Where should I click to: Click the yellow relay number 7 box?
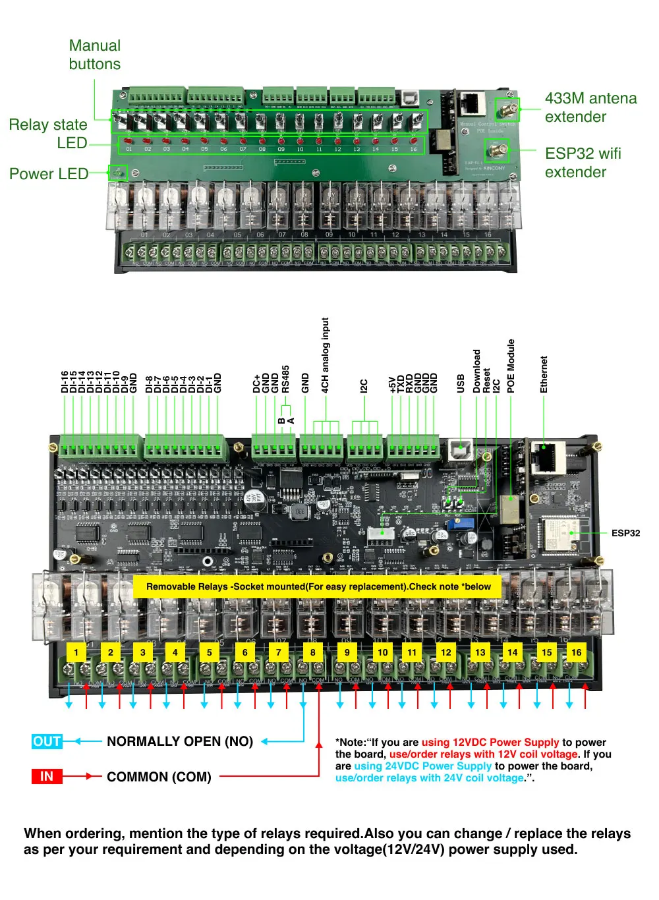point(279,652)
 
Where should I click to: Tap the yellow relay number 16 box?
point(576,652)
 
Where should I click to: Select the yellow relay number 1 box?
point(76,652)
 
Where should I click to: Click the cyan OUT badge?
point(47,741)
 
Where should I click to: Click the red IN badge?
point(47,776)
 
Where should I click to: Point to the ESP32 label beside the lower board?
point(625,533)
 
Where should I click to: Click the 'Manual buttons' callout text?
point(95,55)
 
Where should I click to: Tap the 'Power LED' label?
point(49,174)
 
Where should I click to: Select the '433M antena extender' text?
point(590,107)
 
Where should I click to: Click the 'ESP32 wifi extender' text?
point(583,163)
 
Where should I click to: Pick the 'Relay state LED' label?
point(48,134)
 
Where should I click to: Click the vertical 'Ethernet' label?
point(544,374)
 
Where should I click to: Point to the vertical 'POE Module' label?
point(511,366)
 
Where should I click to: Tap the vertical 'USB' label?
point(460,383)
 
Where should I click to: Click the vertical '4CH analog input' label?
point(325,355)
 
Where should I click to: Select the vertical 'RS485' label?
point(285,379)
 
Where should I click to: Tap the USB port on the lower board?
point(459,451)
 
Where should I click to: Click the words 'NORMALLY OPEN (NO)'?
point(180,741)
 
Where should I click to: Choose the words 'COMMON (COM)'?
point(159,777)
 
